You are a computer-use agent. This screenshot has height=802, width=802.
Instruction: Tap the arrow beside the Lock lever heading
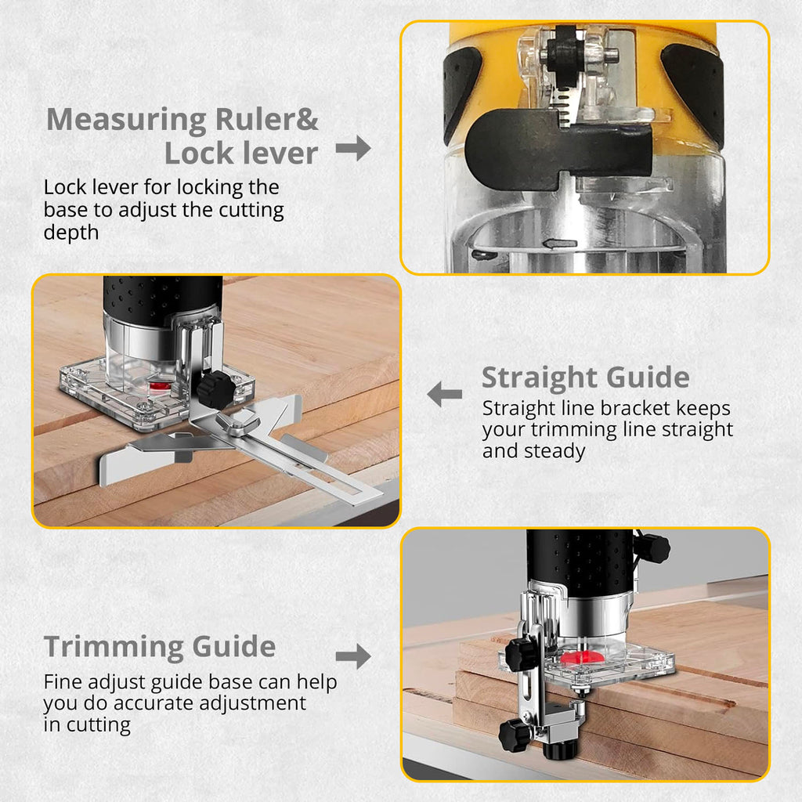pos(353,147)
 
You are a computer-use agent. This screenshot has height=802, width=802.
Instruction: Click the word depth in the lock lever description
pos(70,233)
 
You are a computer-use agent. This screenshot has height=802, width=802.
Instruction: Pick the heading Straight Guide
pos(585,378)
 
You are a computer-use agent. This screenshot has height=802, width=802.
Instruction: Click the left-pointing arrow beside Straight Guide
pos(445,394)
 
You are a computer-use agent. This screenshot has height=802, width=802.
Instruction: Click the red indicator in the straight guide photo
pos(160,386)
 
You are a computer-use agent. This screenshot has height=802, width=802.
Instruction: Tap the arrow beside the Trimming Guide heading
pos(353,656)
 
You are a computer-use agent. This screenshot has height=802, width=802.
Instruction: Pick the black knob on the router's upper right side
pos(652,548)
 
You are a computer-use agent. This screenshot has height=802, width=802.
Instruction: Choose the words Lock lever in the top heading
pos(241,154)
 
